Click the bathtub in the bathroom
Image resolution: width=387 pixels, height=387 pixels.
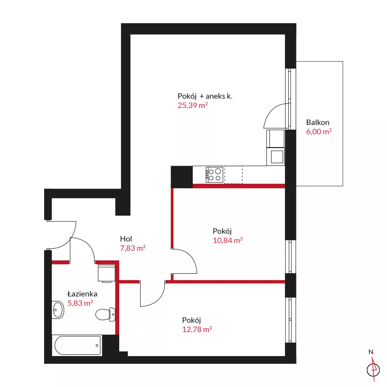pyautogui.click(x=77, y=345)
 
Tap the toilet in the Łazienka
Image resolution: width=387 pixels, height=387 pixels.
pyautogui.click(x=105, y=314)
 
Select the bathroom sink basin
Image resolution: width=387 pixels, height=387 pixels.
pyautogui.click(x=58, y=310)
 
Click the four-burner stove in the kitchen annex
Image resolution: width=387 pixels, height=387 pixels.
pyautogui.click(x=214, y=175)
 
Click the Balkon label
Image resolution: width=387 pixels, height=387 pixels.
pyautogui.click(x=318, y=122)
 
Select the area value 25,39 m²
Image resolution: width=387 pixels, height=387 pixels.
pyautogui.click(x=192, y=105)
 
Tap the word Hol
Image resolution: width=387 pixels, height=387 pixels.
pyautogui.click(x=126, y=239)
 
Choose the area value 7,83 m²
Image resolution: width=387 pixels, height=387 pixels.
pyautogui.click(x=133, y=248)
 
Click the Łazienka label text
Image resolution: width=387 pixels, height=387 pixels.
pyautogui.click(x=82, y=294)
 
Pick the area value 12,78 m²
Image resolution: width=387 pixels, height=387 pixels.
pyautogui.click(x=197, y=329)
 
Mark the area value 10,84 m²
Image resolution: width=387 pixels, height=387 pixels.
pyautogui.click(x=228, y=240)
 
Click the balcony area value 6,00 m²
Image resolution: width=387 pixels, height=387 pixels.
pyautogui.click(x=319, y=132)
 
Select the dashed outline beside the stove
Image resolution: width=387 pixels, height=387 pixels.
pyautogui.click(x=233, y=175)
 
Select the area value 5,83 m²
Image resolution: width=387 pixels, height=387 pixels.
pyautogui.click(x=80, y=303)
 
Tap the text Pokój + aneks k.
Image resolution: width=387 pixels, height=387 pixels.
pyautogui.click(x=205, y=96)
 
